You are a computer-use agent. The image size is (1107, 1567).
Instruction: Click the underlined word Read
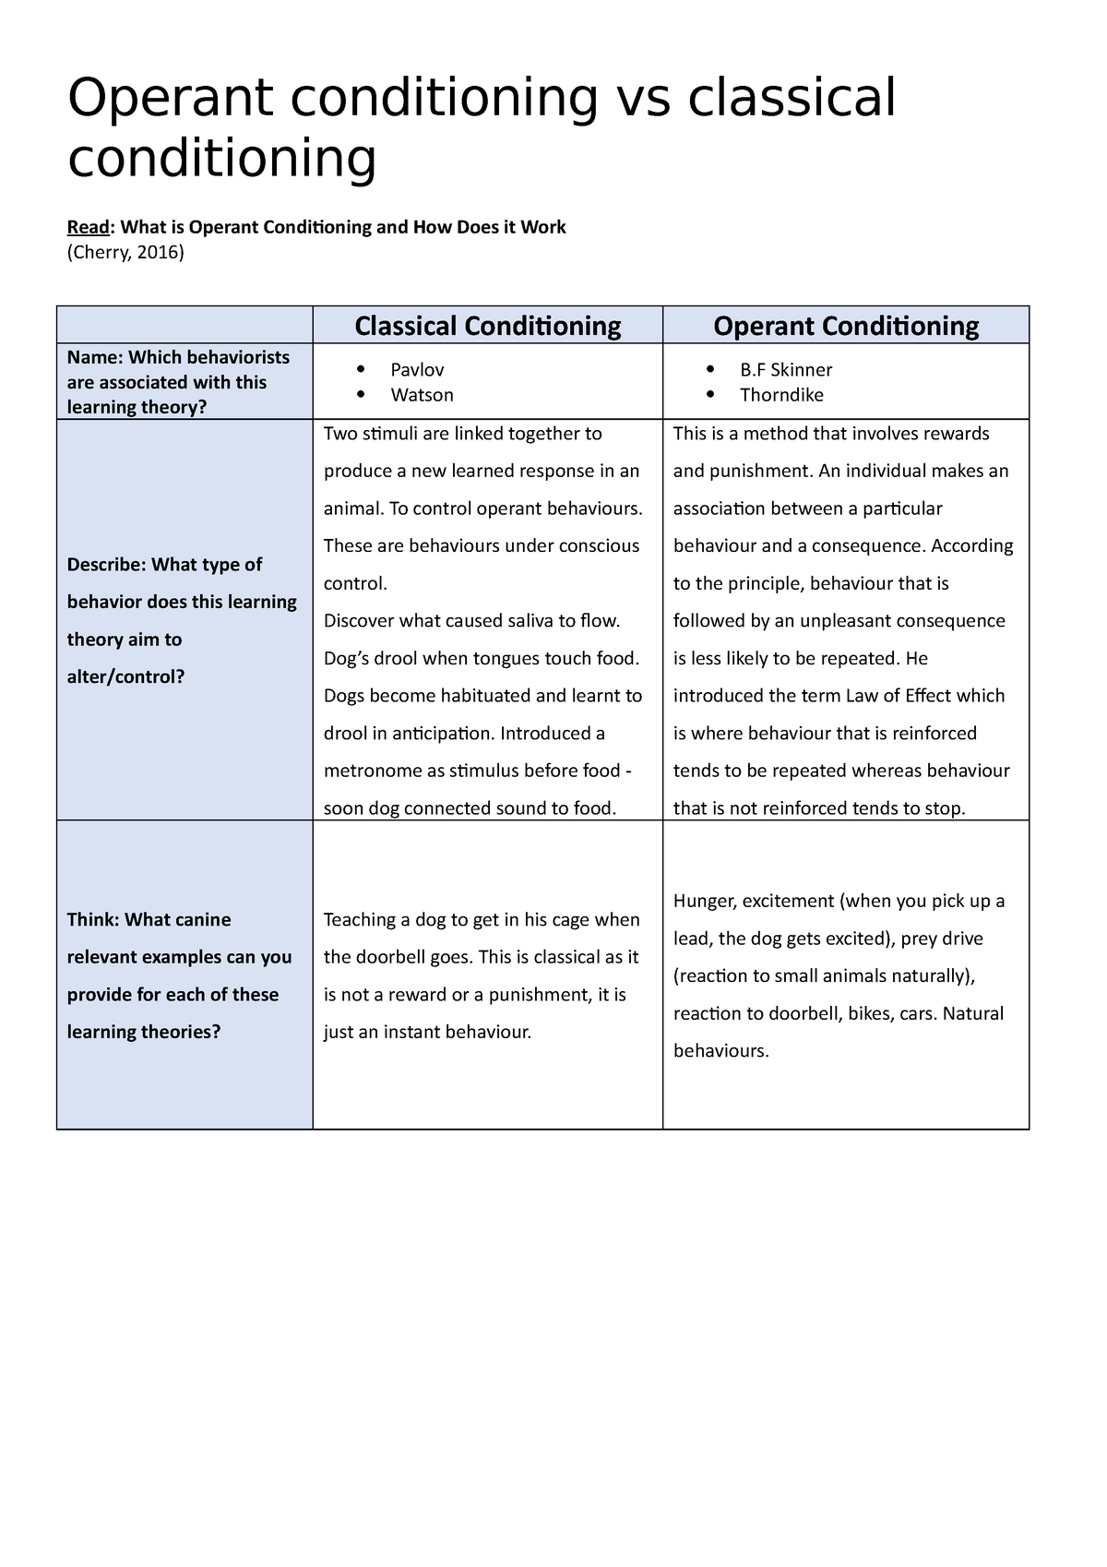[88, 227]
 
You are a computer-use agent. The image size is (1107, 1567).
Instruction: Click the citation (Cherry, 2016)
[125, 252]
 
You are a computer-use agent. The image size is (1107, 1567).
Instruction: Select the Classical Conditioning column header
[487, 326]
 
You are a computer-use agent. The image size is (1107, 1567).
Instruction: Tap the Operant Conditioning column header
[846, 326]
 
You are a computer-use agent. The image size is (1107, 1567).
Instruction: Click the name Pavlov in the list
[417, 370]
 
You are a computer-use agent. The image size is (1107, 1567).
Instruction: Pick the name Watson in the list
[422, 395]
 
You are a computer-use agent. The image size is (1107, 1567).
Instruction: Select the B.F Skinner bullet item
[785, 370]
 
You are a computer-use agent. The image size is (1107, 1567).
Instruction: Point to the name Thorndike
[781, 395]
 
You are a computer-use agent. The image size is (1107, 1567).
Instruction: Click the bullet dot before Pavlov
[361, 369]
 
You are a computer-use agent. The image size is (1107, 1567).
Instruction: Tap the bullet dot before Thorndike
[710, 394]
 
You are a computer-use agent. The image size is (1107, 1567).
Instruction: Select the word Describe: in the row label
[106, 565]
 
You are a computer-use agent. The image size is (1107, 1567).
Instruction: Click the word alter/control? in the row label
[125, 677]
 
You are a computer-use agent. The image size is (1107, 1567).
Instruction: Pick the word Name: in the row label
[95, 357]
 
